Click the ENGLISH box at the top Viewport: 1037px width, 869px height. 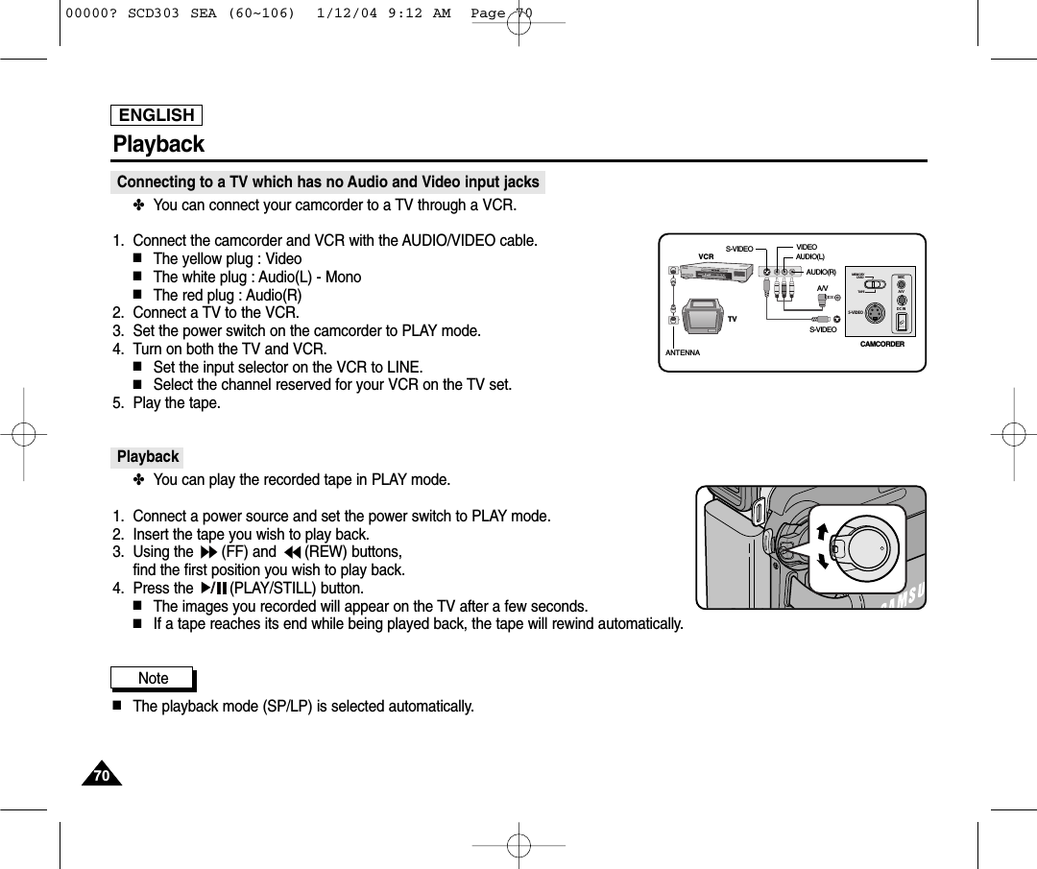157,115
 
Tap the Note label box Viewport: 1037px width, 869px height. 153,679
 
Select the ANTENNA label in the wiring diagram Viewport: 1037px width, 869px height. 683,353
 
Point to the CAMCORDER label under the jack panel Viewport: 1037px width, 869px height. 881,344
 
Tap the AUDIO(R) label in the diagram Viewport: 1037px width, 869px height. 821,273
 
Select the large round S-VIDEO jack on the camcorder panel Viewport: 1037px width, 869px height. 875,313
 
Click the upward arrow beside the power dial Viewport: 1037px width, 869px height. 822,531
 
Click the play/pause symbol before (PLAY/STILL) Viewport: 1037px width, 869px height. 212,589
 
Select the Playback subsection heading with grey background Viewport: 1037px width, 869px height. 148,457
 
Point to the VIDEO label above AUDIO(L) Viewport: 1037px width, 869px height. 806,248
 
